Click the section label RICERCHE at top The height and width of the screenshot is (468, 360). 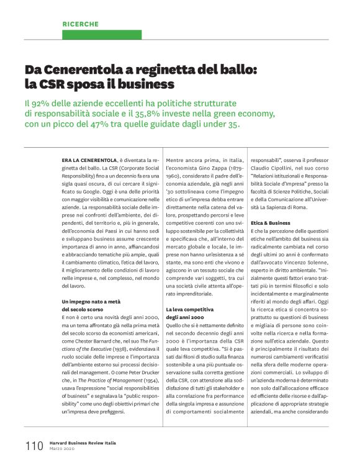coord(80,24)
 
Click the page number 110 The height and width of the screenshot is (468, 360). coord(34,446)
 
